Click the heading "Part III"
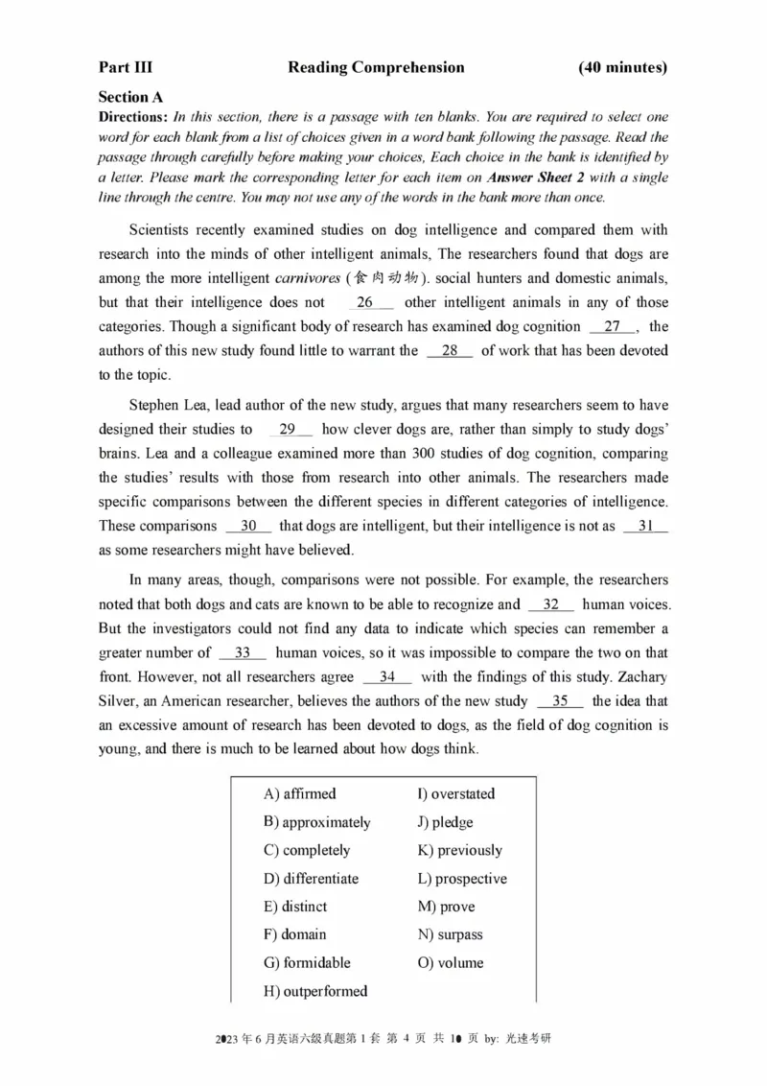pyautogui.click(x=125, y=67)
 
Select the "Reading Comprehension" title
pyautogui.click(x=376, y=67)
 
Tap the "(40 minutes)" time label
pyautogui.click(x=623, y=67)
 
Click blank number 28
pyautogui.click(x=450, y=350)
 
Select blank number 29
pyautogui.click(x=288, y=430)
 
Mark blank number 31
pyautogui.click(x=645, y=526)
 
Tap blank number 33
pyautogui.click(x=243, y=652)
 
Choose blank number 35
pyautogui.click(x=560, y=700)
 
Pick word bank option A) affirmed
pyautogui.click(x=299, y=793)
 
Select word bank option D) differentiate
pyautogui.click(x=310, y=878)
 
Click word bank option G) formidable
pyautogui.click(x=306, y=962)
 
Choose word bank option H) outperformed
pyautogui.click(x=314, y=991)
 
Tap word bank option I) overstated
pyautogui.click(x=455, y=793)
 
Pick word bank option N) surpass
pyautogui.click(x=450, y=934)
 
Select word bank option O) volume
pyautogui.click(x=450, y=962)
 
